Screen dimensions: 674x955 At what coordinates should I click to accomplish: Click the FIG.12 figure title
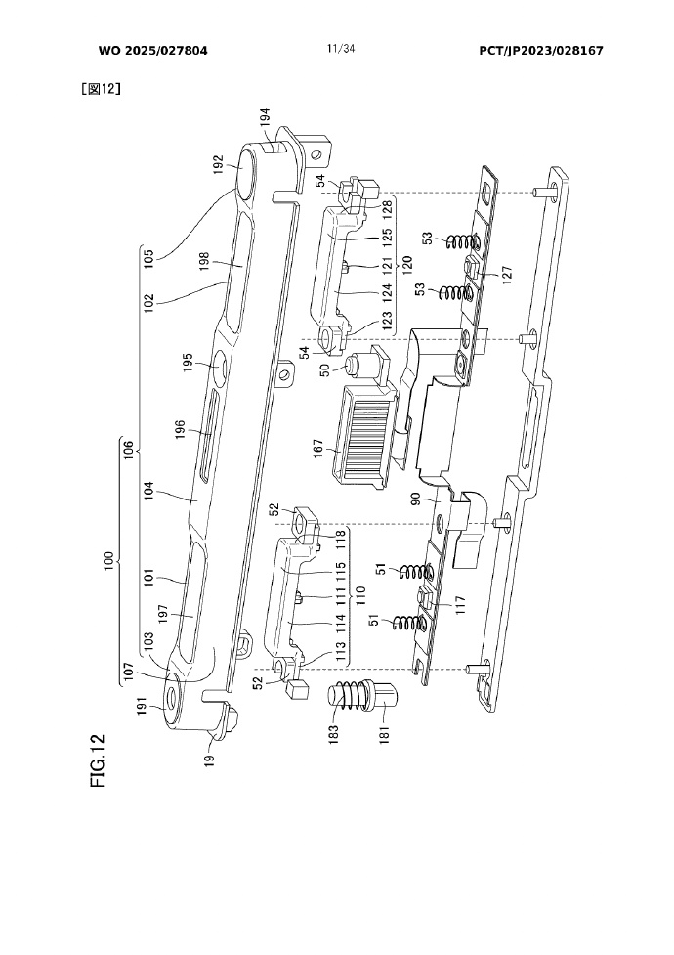click(98, 760)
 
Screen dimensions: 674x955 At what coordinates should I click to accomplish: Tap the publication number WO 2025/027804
click(152, 51)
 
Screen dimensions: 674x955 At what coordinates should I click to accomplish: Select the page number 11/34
click(340, 49)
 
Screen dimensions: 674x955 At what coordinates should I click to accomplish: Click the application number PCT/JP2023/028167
click(540, 51)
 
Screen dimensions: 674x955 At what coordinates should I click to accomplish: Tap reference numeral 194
click(265, 117)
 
